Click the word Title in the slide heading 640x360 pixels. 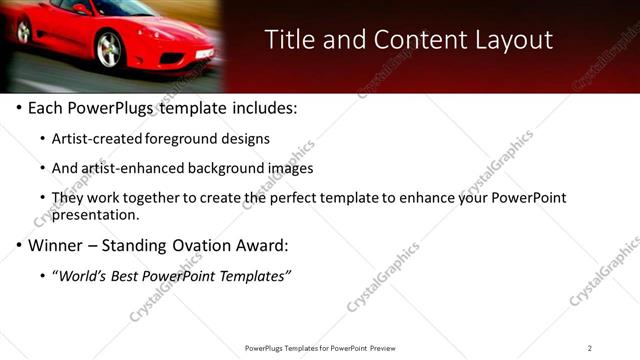[289, 40]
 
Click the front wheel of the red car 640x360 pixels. [109, 48]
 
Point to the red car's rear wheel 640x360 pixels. [23, 31]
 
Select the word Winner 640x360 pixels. [55, 245]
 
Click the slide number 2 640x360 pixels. [590, 348]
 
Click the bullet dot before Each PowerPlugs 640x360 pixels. [20, 108]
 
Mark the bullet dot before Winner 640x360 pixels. [20, 245]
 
